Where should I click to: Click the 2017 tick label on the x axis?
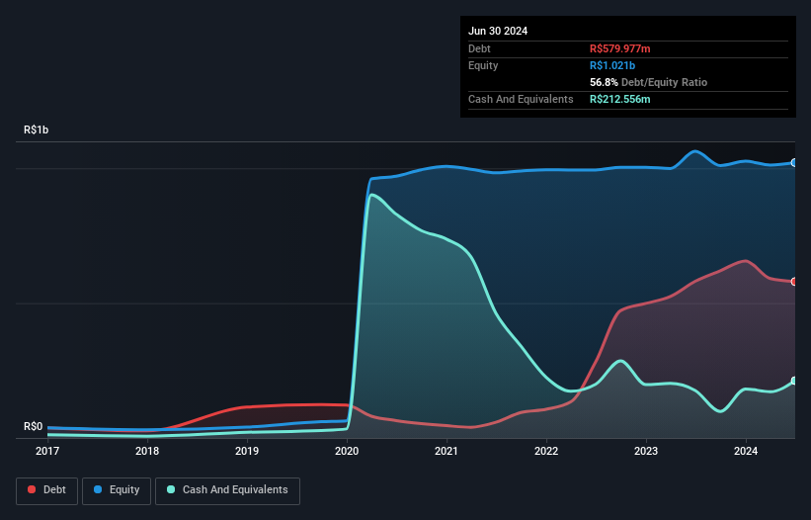[x=47, y=452]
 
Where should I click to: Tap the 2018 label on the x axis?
[x=147, y=452]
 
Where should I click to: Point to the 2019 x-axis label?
[x=247, y=452]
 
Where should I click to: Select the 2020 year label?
[x=347, y=452]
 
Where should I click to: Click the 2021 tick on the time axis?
[x=446, y=452]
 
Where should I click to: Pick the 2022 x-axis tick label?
[x=546, y=452]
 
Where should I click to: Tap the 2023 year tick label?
[x=646, y=452]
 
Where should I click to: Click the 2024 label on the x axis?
[x=746, y=452]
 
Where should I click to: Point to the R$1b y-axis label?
[x=37, y=130]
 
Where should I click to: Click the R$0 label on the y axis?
[x=34, y=427]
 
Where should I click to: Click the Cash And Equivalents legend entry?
[x=227, y=490]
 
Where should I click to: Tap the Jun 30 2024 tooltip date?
[x=498, y=31]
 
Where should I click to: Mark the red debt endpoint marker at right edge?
[x=794, y=282]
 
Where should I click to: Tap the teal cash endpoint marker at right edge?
[x=794, y=381]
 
